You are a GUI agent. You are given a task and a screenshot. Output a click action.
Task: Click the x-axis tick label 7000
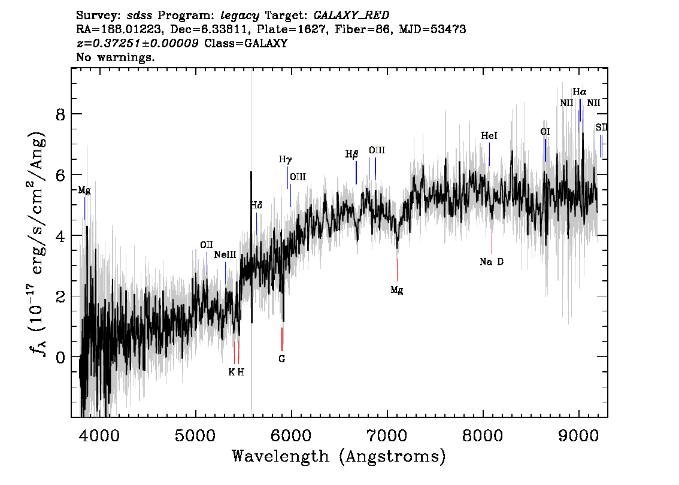387,435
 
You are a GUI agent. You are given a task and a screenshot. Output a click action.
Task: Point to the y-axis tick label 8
60,114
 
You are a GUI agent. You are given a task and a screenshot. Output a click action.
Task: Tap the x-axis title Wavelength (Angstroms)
339,456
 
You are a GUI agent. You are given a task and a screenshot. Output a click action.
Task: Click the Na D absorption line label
492,262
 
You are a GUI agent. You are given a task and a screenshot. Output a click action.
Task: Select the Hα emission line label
580,92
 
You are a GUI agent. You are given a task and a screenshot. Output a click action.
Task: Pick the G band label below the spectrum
282,359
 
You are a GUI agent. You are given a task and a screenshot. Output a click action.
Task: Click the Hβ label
351,154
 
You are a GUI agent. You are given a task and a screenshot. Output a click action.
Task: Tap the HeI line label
489,135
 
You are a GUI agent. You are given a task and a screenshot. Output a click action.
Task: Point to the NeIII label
225,254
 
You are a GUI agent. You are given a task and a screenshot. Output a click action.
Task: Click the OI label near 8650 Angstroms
545,132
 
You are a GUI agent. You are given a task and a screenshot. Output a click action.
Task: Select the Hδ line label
256,205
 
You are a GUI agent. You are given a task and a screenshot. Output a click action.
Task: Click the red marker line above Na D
492,242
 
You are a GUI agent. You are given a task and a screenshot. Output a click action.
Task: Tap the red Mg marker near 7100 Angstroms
397,270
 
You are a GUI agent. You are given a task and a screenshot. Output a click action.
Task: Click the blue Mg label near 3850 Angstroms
84,190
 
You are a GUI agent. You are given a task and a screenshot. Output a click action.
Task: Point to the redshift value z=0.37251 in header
138,43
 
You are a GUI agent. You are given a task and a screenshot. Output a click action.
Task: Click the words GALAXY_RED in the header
351,16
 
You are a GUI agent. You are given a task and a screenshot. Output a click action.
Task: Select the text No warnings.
115,57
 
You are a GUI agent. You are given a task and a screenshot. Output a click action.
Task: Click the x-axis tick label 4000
99,435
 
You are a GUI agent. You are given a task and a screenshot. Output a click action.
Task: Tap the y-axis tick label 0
60,357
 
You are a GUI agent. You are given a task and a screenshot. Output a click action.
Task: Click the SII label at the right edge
602,128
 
